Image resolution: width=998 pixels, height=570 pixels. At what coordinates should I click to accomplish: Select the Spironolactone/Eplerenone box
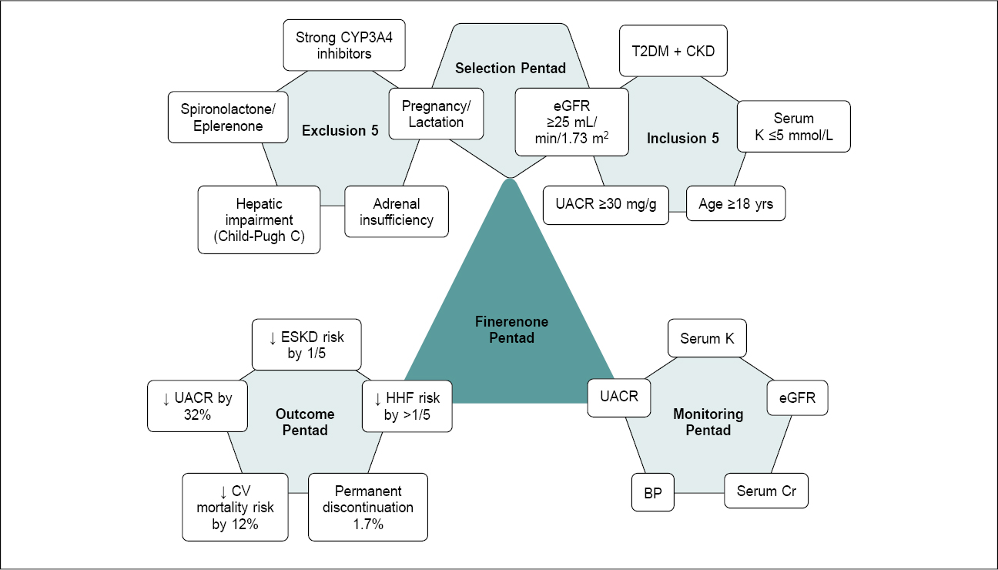tap(222, 117)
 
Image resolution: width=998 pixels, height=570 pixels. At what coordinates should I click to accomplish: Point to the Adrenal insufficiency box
tap(396, 212)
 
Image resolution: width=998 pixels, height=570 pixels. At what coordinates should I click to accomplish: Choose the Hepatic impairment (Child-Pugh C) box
tap(259, 220)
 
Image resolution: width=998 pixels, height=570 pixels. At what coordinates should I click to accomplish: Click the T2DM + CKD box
tap(673, 52)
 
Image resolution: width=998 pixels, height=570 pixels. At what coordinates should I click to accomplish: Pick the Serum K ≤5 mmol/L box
tap(793, 126)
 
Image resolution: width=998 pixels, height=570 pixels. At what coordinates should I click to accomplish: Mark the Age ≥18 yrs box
tap(735, 204)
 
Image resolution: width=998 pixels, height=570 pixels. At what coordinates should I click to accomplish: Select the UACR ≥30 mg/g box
tap(605, 205)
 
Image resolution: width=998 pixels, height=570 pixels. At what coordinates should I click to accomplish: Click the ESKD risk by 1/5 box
tap(306, 345)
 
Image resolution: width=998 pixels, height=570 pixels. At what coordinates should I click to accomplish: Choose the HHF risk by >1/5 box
tap(407, 407)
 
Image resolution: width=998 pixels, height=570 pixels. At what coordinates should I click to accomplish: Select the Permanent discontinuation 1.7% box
tap(367, 507)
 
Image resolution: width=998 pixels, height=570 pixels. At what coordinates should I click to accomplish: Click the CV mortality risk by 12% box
tap(235, 507)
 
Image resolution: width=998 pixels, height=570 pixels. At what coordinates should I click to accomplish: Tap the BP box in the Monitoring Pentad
tap(653, 492)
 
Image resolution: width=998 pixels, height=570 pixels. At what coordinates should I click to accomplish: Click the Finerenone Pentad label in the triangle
tap(511, 330)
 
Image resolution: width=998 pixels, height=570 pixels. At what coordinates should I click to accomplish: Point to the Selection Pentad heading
tap(510, 69)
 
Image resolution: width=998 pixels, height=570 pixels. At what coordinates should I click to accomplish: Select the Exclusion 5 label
tap(340, 131)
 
